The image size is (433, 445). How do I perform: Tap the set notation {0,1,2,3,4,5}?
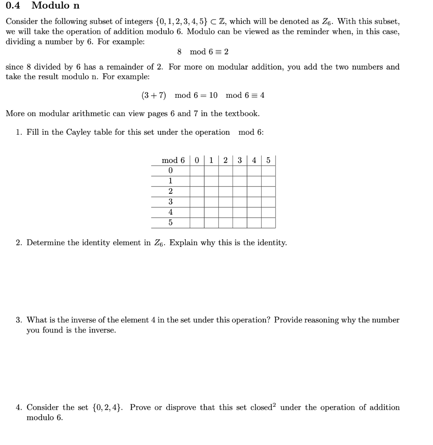(185, 22)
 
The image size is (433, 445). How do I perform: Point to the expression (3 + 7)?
(154, 95)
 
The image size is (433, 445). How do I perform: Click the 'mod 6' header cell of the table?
(173, 160)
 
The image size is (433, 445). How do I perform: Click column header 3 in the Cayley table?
(240, 160)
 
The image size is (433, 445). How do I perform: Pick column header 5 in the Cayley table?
(268, 160)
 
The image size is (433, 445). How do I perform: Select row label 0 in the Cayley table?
(170, 170)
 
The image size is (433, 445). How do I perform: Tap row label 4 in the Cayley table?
(170, 213)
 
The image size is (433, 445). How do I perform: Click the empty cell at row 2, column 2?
(225, 191)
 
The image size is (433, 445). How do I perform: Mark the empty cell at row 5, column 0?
(197, 223)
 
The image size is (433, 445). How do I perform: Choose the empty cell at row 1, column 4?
(254, 181)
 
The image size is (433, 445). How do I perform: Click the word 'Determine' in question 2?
(46, 243)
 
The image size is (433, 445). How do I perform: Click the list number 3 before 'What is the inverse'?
(18, 320)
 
